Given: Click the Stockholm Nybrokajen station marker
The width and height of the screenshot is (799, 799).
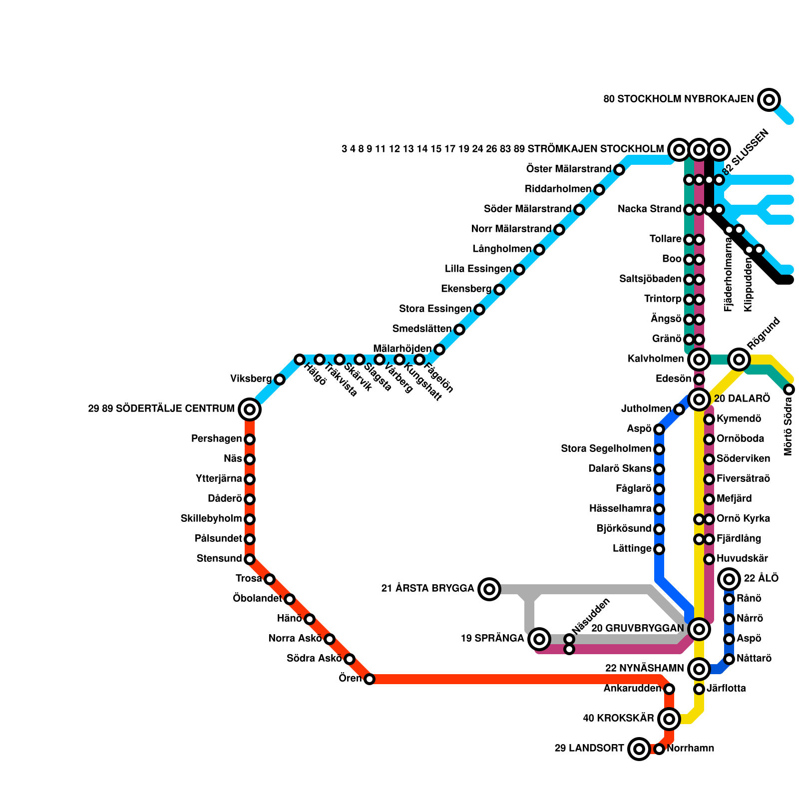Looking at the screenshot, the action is pos(769,100).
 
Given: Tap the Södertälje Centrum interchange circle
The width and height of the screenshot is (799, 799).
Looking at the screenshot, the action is pos(250,409).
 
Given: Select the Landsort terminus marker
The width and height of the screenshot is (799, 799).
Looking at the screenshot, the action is pos(639,749).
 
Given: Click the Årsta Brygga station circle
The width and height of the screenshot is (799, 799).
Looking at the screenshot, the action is pos(489,589).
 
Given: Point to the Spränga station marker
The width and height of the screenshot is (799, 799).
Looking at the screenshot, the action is pos(539,639).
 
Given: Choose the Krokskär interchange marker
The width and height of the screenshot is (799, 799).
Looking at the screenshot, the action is pos(669,719).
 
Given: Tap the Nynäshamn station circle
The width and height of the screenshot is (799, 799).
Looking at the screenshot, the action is pos(699,669).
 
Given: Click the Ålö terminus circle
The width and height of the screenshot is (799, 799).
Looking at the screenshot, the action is pos(729,579).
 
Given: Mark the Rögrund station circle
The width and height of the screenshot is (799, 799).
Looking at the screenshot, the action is pos(739,359).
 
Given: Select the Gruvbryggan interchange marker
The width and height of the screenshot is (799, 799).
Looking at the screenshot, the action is pos(699,629).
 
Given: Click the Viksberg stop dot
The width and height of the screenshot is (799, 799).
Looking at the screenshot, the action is pos(280,380).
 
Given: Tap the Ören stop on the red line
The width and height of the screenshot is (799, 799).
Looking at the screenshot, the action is pos(369,679).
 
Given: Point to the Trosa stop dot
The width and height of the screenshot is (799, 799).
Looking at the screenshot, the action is pos(270,579).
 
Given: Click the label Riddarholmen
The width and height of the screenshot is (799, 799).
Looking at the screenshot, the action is pos(558,189).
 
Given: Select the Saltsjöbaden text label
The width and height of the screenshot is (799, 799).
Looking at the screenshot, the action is pos(650,279).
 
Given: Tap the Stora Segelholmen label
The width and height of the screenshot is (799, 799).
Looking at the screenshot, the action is pos(606,449).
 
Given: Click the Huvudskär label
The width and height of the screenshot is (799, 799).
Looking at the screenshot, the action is pos(742,558).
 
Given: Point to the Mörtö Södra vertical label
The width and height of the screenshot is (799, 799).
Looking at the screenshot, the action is pos(789,426).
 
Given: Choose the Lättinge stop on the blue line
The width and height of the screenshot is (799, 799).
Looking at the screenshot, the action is pos(659,549).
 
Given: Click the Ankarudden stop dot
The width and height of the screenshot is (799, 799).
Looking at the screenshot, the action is pos(669,689).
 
